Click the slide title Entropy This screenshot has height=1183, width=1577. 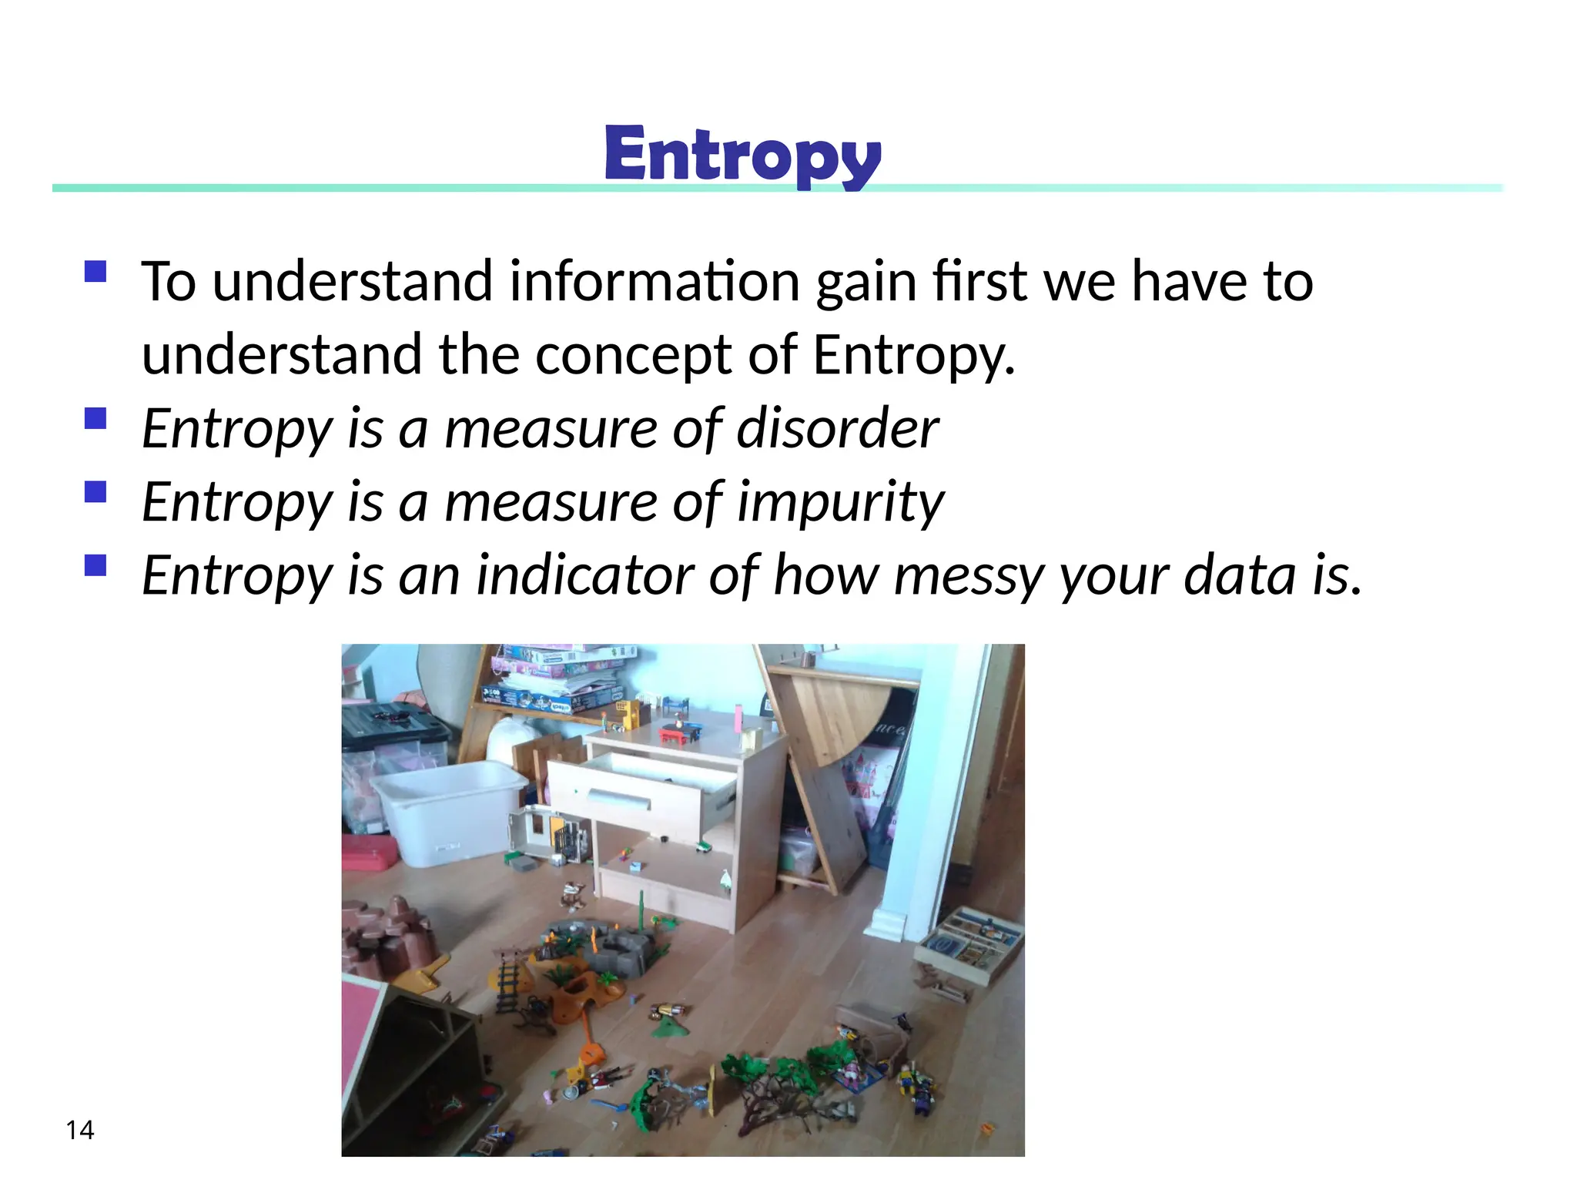[742, 156]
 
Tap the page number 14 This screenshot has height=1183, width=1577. [80, 1130]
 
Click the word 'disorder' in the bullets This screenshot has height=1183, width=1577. [837, 428]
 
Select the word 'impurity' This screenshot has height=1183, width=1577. [840, 502]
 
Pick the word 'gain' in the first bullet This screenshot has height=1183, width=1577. [866, 283]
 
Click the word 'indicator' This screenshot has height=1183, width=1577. [584, 575]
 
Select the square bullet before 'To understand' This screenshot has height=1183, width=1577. [95, 272]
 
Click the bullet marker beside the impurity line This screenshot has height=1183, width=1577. [95, 491]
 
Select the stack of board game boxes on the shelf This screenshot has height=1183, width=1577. [558, 678]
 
